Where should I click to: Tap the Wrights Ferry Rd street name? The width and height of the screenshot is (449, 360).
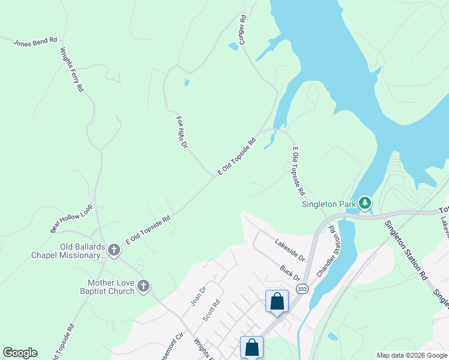pyautogui.click(x=71, y=70)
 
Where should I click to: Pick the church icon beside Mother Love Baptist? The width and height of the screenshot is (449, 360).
pyautogui.click(x=143, y=286)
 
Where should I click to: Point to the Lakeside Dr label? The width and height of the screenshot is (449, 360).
pyautogui.click(x=291, y=251)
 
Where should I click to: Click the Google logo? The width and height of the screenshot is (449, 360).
pyautogui.click(x=20, y=353)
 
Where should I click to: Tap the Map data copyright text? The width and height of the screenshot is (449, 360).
pyautogui.click(x=412, y=355)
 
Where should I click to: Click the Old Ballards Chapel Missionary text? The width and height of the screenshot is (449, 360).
pyautogui.click(x=67, y=251)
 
